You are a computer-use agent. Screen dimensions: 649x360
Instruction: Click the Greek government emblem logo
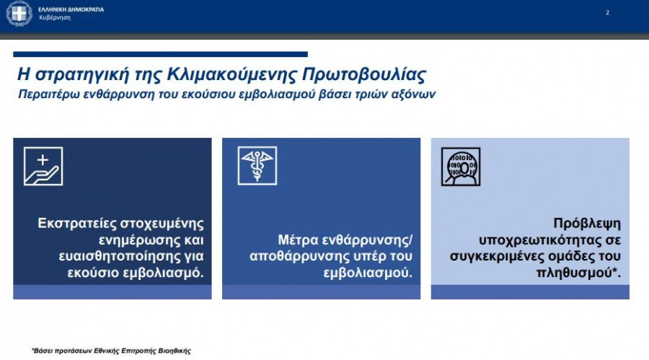(x=19, y=14)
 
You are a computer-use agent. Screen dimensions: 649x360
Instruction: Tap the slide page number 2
(x=607, y=13)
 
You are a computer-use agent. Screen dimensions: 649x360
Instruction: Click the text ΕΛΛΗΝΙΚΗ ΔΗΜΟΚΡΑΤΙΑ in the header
(x=71, y=9)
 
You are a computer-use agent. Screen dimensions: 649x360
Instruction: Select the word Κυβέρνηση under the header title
(x=55, y=18)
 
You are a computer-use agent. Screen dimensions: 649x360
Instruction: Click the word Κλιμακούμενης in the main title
(x=231, y=74)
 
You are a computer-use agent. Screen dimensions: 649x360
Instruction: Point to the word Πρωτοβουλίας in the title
(x=364, y=74)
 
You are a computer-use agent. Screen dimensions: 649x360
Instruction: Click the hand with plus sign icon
(x=43, y=166)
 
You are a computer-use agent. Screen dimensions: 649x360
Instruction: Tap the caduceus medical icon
(x=257, y=166)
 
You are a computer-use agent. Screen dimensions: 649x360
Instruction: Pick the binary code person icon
(x=461, y=167)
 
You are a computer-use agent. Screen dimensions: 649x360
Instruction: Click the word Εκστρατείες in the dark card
(x=77, y=224)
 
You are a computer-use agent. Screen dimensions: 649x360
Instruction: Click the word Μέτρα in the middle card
(x=298, y=240)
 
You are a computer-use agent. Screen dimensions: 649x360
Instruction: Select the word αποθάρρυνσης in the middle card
(x=297, y=256)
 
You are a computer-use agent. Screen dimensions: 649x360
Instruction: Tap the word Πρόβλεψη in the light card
(x=587, y=224)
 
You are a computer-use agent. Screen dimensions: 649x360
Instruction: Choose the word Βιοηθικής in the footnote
(x=175, y=351)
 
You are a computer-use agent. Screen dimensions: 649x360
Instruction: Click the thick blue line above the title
(x=160, y=54)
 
